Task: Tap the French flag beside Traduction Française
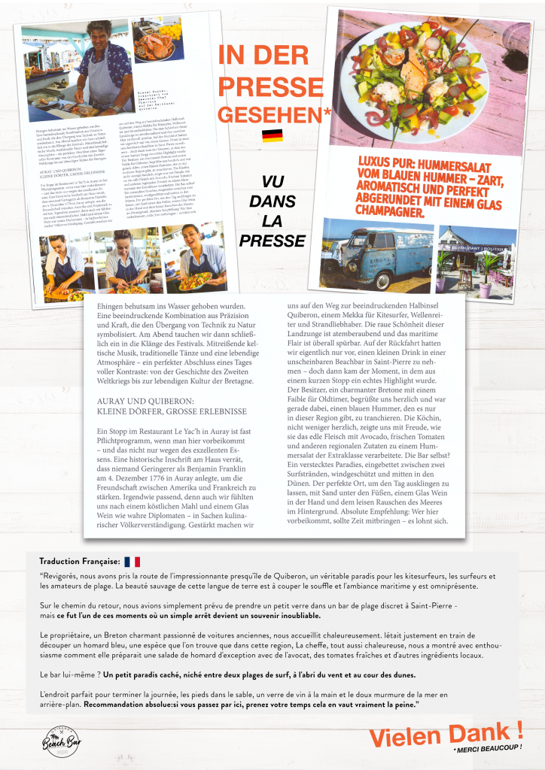[x=132, y=562]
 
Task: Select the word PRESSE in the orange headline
[x=260, y=85]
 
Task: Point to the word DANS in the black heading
[x=272, y=202]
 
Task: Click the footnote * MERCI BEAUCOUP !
[x=487, y=749]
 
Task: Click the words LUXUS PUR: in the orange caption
[x=384, y=162]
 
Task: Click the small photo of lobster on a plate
[x=158, y=43]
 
